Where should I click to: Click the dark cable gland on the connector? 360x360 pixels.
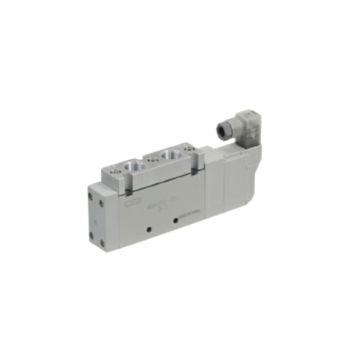[x=222, y=130]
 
